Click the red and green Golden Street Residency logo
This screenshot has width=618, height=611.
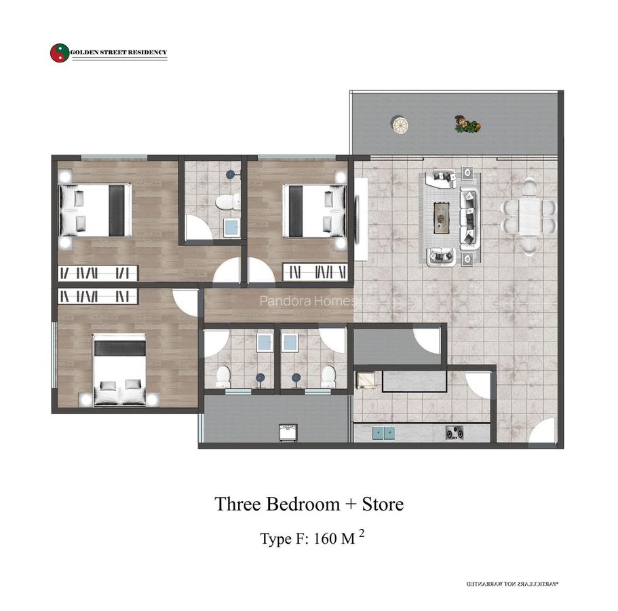(59, 54)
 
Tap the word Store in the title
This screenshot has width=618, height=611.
(382, 504)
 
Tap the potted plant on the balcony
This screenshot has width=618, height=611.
(467, 124)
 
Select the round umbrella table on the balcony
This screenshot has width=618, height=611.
(400, 124)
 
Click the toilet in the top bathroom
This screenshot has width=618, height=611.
(225, 202)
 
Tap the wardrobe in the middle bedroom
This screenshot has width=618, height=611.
(317, 272)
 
